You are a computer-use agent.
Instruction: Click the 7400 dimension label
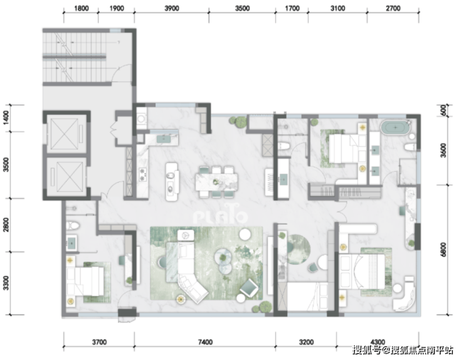click(x=206, y=342)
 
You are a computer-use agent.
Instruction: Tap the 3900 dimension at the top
click(x=172, y=8)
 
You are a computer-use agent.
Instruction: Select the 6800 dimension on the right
click(x=443, y=250)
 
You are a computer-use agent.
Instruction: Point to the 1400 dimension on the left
click(x=6, y=118)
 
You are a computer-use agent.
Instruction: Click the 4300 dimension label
click(x=377, y=342)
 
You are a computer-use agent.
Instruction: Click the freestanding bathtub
click(x=396, y=127)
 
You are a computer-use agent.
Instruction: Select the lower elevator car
click(x=66, y=177)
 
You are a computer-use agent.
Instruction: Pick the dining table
click(x=216, y=182)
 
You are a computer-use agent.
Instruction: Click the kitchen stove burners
click(x=143, y=174)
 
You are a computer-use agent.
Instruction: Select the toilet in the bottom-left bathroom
click(x=73, y=226)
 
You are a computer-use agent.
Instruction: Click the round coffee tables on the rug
click(x=224, y=260)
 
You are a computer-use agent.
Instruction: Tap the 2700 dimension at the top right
click(x=393, y=8)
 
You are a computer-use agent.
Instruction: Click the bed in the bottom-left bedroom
click(x=85, y=280)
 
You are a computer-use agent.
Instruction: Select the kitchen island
click(x=172, y=181)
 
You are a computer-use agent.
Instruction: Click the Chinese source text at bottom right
click(x=403, y=350)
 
